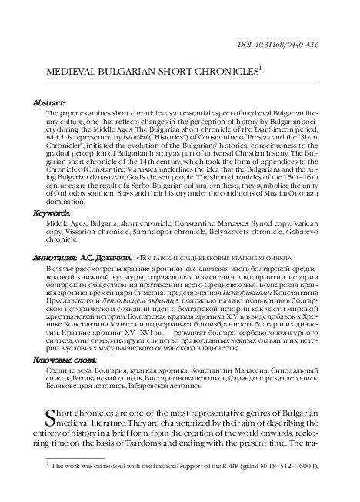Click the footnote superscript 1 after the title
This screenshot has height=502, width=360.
pyautogui.click(x=262, y=66)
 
